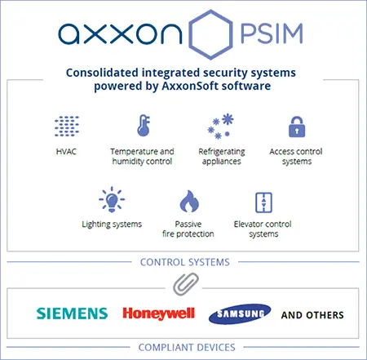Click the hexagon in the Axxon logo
coord(190,34)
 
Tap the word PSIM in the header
coord(272,33)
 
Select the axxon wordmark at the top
coord(120,33)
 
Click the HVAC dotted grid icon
coord(67,126)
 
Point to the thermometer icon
coord(144,126)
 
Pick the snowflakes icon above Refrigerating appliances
coord(220,127)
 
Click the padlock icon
coord(297,127)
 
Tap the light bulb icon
coord(112,199)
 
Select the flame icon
coord(189,201)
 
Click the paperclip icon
coord(186,284)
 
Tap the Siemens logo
coord(72,313)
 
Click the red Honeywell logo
coord(159,313)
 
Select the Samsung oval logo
coord(240,314)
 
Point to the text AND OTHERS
coord(312,315)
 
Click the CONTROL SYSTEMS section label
coord(185,262)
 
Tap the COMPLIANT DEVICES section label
coord(187,348)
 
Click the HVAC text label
coord(66,151)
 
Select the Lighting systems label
coord(112,224)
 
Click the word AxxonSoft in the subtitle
coord(189,86)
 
